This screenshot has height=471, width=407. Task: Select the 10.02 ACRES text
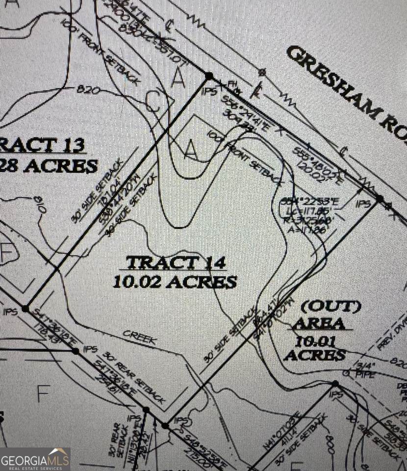(x=175, y=282)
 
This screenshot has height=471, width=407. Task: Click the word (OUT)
(x=331, y=307)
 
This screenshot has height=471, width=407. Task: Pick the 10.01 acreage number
(x=314, y=339)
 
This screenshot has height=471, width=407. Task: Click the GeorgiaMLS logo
(x=35, y=459)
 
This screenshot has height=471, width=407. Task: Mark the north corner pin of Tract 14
(x=209, y=76)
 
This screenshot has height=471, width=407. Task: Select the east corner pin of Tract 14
(x=379, y=198)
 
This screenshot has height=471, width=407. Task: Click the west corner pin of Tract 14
(x=25, y=306)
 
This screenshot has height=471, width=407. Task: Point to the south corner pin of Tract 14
(x=166, y=425)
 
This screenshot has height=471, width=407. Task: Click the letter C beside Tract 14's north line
(x=154, y=102)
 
